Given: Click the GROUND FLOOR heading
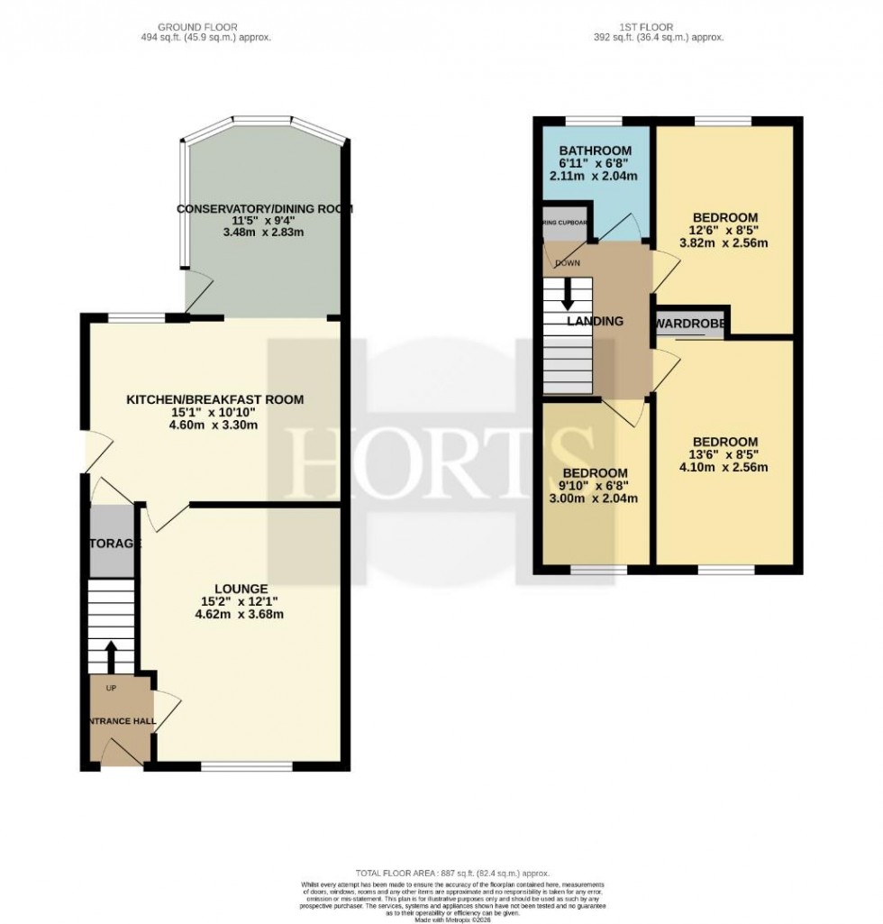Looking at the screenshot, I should tap(214, 27).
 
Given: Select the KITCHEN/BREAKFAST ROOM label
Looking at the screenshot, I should tap(214, 399).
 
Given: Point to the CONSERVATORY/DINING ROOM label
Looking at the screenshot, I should tap(264, 209).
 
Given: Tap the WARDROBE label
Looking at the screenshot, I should tap(692, 323).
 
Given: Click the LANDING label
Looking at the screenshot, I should tap(594, 321).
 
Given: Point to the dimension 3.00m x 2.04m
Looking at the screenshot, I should tap(595, 499).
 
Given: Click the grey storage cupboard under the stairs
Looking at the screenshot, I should tap(112, 541).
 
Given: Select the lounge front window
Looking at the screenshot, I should tap(245, 767).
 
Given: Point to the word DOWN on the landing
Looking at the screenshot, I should tap(568, 263).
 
